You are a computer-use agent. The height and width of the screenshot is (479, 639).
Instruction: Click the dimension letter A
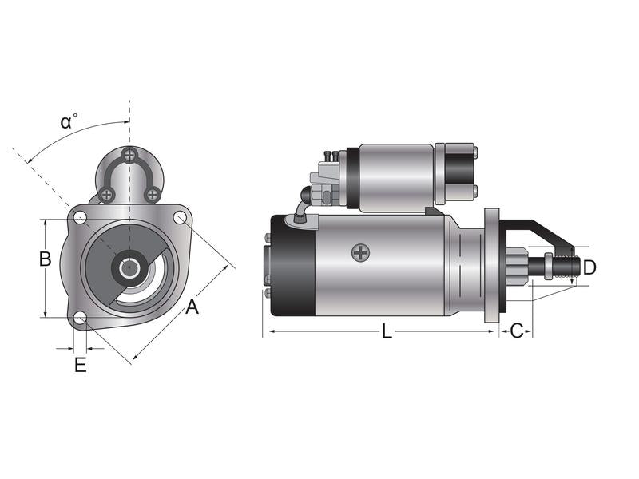click(192, 306)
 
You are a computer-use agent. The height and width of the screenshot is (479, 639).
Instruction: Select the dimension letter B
click(46, 259)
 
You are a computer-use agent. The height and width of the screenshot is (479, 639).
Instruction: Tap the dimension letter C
click(517, 331)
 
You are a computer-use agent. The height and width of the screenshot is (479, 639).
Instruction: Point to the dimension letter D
click(589, 267)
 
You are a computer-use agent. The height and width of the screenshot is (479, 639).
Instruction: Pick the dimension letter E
click(80, 365)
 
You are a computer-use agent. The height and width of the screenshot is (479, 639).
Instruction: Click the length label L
click(387, 331)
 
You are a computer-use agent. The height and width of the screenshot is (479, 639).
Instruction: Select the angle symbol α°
click(69, 121)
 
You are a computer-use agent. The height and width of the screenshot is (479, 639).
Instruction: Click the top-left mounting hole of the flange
click(80, 218)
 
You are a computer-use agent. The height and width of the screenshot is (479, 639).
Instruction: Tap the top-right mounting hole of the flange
click(181, 217)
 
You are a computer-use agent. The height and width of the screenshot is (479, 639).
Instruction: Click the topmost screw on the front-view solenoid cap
click(129, 155)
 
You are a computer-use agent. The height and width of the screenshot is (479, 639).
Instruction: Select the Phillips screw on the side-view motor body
click(361, 253)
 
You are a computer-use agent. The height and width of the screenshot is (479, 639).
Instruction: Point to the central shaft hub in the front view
click(129, 267)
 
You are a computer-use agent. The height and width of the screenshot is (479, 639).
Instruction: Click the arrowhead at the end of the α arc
click(29, 161)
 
